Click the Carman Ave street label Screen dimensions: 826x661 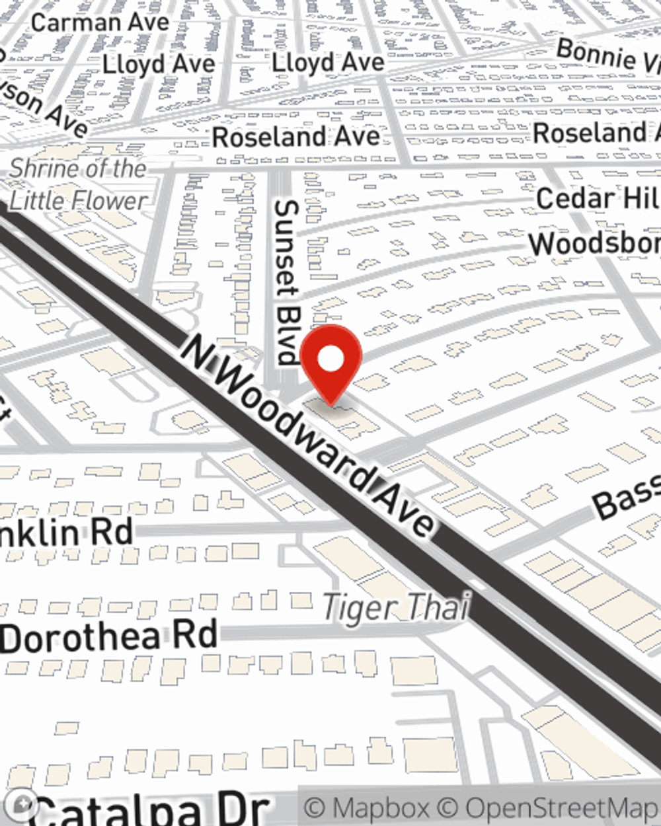pos(100,22)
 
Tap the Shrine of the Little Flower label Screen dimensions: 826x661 pos(78,184)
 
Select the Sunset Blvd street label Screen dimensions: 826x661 pos(286,282)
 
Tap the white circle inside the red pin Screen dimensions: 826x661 pos(331,359)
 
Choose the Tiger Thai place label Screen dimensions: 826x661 pos(397,607)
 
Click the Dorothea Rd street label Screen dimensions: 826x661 pos(109,636)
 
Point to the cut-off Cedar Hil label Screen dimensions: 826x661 pos(598,199)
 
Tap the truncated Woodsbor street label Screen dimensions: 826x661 pos(594,243)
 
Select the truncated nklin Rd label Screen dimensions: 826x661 pos(66,533)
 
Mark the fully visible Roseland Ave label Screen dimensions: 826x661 pos(296,137)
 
